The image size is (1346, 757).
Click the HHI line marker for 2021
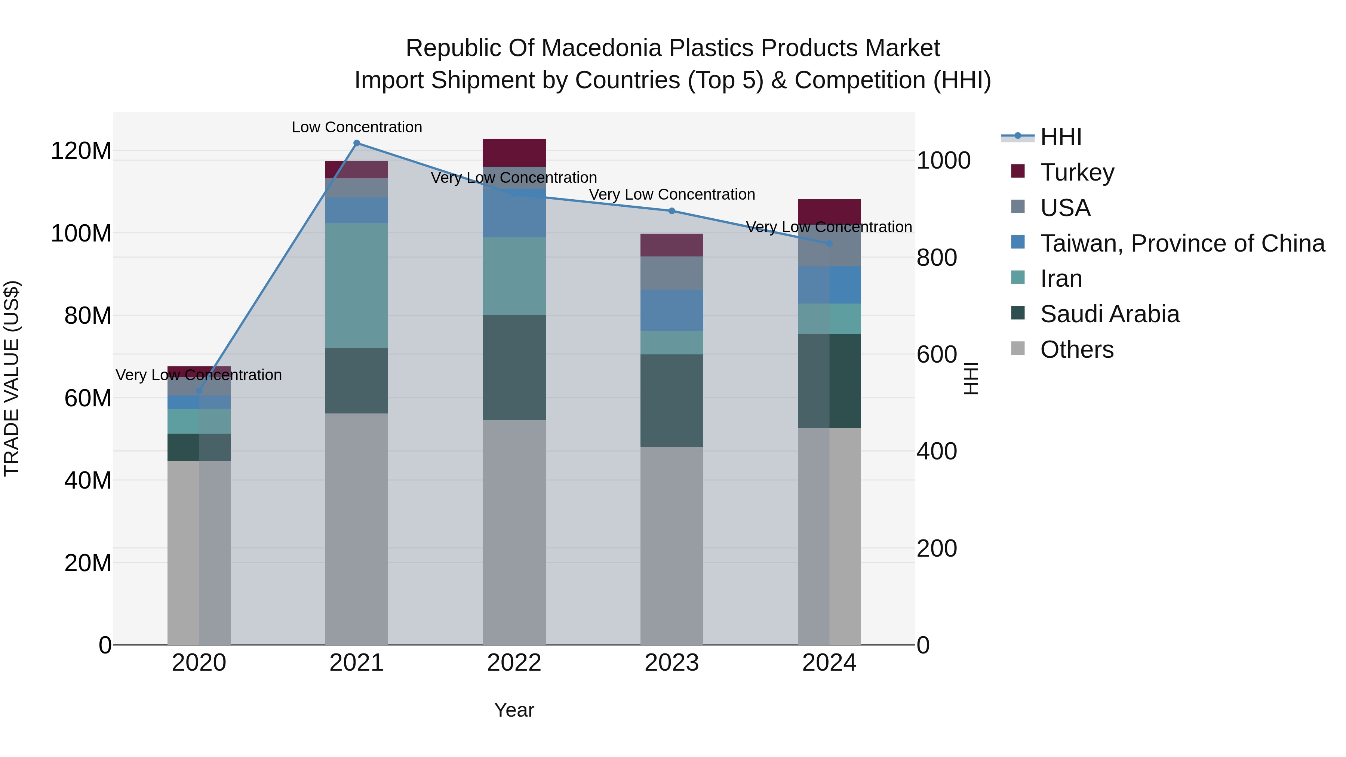pos(356,143)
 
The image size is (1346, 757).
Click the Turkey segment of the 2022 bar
pos(514,152)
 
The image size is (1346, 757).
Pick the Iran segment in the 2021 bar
pos(356,286)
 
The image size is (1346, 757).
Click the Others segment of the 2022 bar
pos(514,532)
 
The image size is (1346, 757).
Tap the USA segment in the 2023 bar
pos(672,273)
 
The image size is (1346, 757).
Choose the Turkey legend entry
pos(1077,172)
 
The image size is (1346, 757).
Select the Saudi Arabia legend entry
pos(1109,314)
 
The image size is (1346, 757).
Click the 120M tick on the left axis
pos(81,151)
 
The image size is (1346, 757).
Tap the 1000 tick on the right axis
pos(944,160)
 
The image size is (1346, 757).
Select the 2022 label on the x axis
pos(514,663)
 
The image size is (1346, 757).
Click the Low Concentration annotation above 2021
pos(356,127)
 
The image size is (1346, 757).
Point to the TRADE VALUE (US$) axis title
pos(12,378)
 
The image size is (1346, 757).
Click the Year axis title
pos(514,710)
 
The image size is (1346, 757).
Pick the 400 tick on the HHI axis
pos(936,451)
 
